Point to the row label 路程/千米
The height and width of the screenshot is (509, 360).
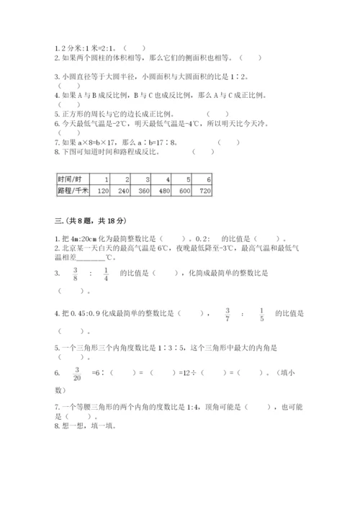coord(71,191)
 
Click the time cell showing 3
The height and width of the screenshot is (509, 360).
coord(148,179)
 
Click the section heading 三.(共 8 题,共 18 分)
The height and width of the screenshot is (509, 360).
coord(96,220)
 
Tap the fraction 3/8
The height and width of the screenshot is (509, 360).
coord(73,273)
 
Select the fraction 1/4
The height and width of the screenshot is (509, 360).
coord(105,273)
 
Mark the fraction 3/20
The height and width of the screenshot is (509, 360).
coord(76,373)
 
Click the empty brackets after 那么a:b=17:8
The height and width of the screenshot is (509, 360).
coord(229,142)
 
